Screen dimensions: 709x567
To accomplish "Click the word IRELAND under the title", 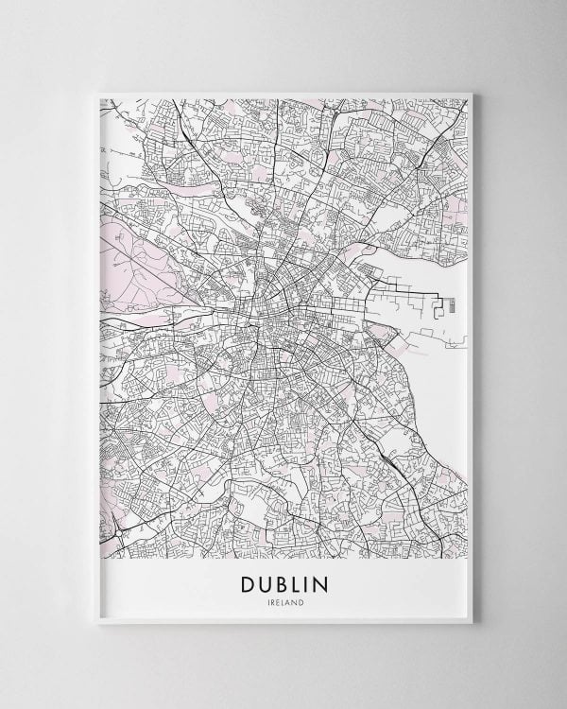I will point(283,601).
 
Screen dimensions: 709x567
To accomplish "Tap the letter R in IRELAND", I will point(273,601).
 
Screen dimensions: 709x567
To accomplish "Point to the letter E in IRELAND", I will point(278,601).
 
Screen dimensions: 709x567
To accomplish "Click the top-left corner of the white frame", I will point(96,92).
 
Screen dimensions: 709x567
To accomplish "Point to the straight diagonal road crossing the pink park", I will point(142,255).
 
